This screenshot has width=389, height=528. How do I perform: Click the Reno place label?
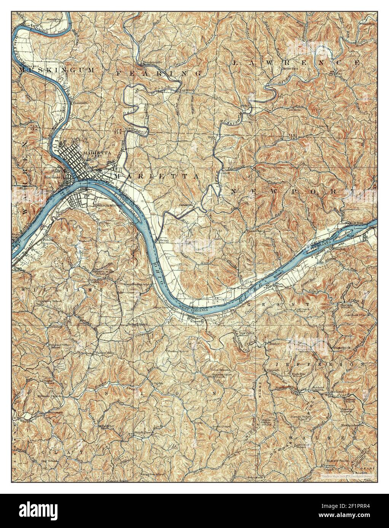point(164,240)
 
